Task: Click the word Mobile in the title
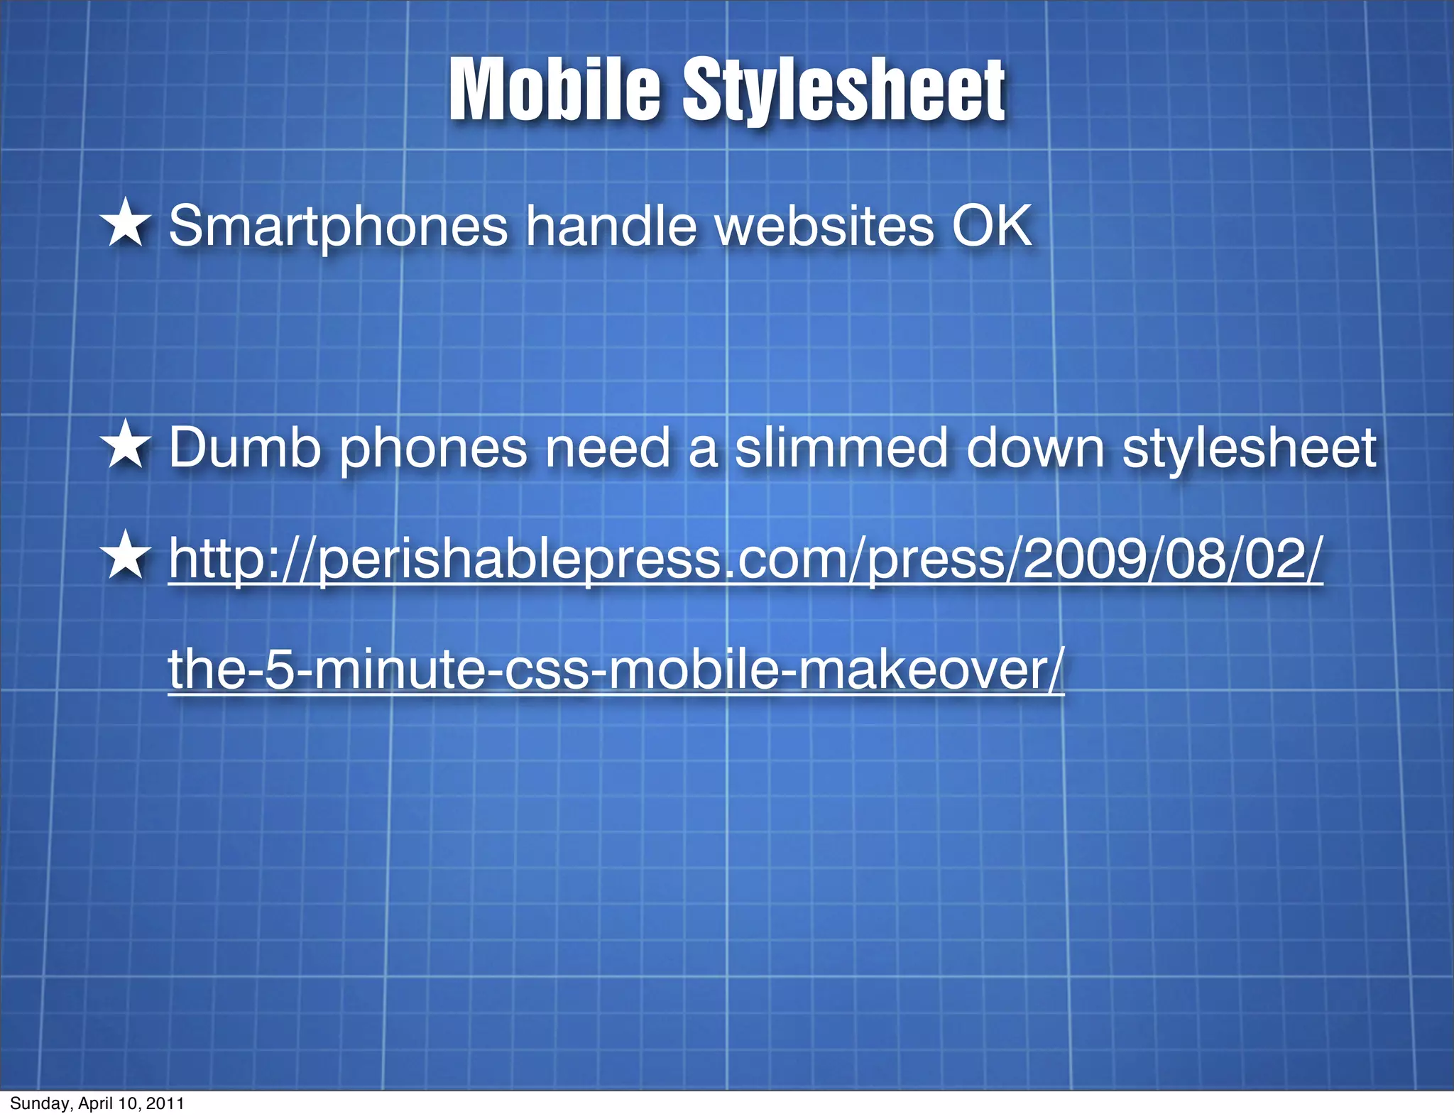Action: pos(554,91)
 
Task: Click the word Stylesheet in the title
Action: pos(843,91)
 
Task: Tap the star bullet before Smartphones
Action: pos(126,224)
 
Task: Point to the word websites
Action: pos(824,226)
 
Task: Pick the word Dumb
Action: pos(245,448)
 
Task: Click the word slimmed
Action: pos(841,448)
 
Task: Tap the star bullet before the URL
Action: pos(126,555)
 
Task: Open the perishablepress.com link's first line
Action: pos(745,559)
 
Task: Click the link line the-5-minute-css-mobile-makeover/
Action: pos(616,670)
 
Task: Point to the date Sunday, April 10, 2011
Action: pos(97,1103)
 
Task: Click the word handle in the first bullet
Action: pos(611,226)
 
